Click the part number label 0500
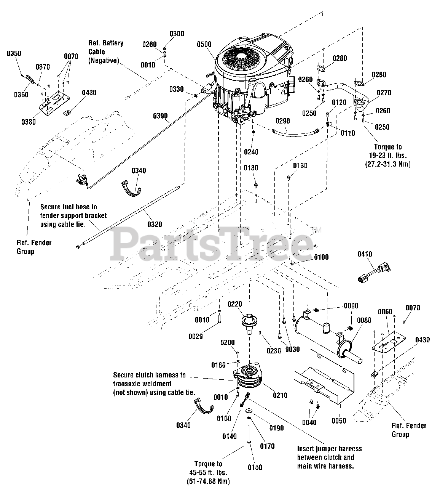click(x=204, y=44)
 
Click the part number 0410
click(x=365, y=254)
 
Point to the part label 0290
click(x=282, y=121)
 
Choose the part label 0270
click(x=384, y=93)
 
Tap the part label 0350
click(x=14, y=54)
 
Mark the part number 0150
click(x=255, y=467)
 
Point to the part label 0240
click(x=251, y=152)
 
